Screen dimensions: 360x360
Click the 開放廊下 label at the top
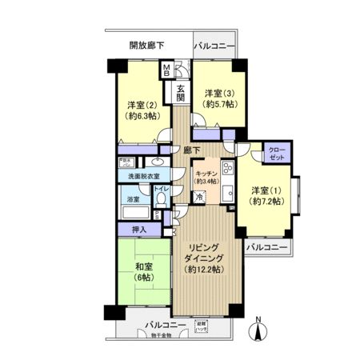(146, 46)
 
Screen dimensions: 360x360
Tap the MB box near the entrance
(166, 71)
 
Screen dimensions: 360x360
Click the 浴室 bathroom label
(133, 198)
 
